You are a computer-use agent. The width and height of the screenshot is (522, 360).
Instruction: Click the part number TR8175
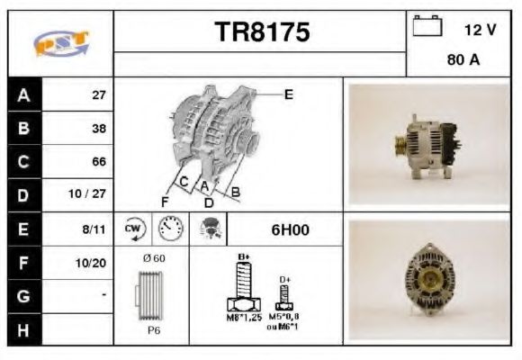[x=262, y=32]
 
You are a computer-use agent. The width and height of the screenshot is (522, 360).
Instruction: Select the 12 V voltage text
[x=480, y=30]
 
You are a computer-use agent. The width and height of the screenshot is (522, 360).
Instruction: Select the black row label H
[x=23, y=328]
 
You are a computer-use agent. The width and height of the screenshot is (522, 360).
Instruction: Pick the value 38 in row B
[x=98, y=129]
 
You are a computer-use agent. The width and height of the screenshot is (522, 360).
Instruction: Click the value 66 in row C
[x=98, y=162]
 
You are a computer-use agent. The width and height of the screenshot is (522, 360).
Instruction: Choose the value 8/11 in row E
[x=94, y=229]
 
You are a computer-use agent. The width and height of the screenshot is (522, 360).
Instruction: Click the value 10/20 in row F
[x=93, y=262]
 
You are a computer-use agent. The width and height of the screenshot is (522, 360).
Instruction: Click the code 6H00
[x=290, y=230]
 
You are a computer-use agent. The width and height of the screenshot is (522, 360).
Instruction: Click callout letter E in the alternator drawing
[x=288, y=94]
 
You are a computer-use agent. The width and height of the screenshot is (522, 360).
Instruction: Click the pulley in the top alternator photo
[x=395, y=145]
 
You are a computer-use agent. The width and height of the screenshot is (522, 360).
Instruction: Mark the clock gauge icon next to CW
[x=168, y=229]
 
